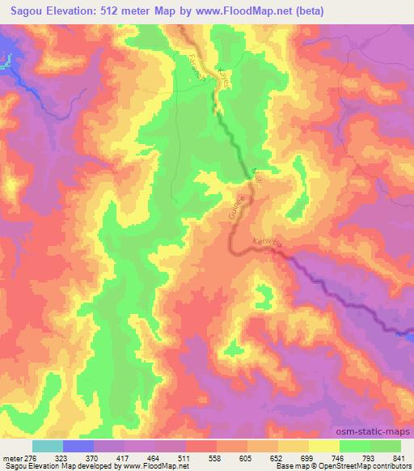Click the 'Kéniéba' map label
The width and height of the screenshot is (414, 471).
[x=267, y=244]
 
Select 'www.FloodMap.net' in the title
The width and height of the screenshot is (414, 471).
[x=274, y=11]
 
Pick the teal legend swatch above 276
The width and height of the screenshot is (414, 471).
[x=47, y=446]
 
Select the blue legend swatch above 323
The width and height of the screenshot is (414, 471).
[x=78, y=446]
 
